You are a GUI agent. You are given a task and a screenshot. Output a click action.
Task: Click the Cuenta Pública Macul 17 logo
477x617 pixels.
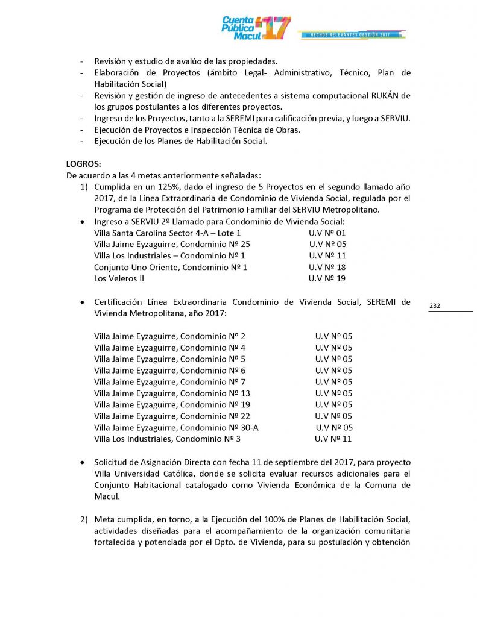point(256,27)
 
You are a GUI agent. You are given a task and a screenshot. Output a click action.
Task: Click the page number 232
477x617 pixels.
point(435,306)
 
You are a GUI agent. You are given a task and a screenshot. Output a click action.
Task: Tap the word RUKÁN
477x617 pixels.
point(382,96)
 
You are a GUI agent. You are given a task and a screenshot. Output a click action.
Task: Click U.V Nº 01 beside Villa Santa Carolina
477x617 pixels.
point(327,233)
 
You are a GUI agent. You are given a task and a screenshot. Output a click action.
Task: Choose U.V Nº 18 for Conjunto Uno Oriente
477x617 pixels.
point(327,267)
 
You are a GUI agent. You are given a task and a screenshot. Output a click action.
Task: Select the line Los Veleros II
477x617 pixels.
point(119,278)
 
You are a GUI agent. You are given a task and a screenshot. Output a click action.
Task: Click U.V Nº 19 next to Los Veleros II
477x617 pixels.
point(327,278)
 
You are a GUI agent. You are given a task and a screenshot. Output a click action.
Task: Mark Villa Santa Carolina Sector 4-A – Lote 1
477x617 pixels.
point(167,233)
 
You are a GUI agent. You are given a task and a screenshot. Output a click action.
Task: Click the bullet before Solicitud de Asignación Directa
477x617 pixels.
point(82,462)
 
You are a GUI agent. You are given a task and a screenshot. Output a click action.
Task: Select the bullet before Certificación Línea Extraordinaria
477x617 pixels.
point(82,302)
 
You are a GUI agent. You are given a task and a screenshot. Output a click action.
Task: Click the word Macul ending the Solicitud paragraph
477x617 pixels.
point(107,496)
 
